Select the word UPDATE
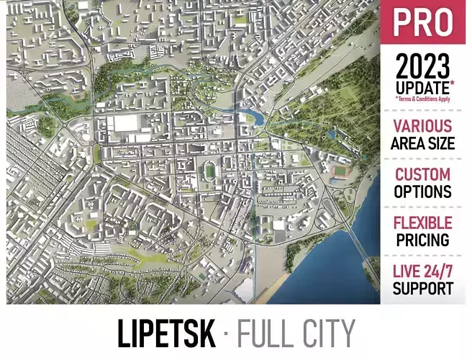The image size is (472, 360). pyautogui.click(x=421, y=88)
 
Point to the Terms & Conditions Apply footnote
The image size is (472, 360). pyautogui.click(x=424, y=99)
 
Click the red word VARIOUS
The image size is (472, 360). pyautogui.click(x=423, y=126)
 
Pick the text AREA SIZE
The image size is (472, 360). pyautogui.click(x=423, y=143)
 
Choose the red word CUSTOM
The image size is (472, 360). pyautogui.click(x=423, y=174)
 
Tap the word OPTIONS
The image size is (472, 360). pyautogui.click(x=423, y=192)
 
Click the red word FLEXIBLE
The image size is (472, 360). pyautogui.click(x=423, y=223)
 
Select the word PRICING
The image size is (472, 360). pyautogui.click(x=423, y=240)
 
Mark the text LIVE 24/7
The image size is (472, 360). pyautogui.click(x=423, y=272)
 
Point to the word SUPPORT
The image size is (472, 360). pyautogui.click(x=423, y=289)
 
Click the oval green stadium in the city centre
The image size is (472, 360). pyautogui.click(x=210, y=172)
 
